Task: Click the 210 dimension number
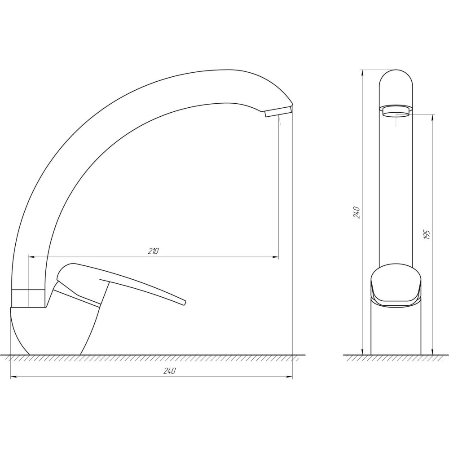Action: click(x=153, y=251)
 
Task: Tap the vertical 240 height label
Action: click(x=357, y=212)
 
